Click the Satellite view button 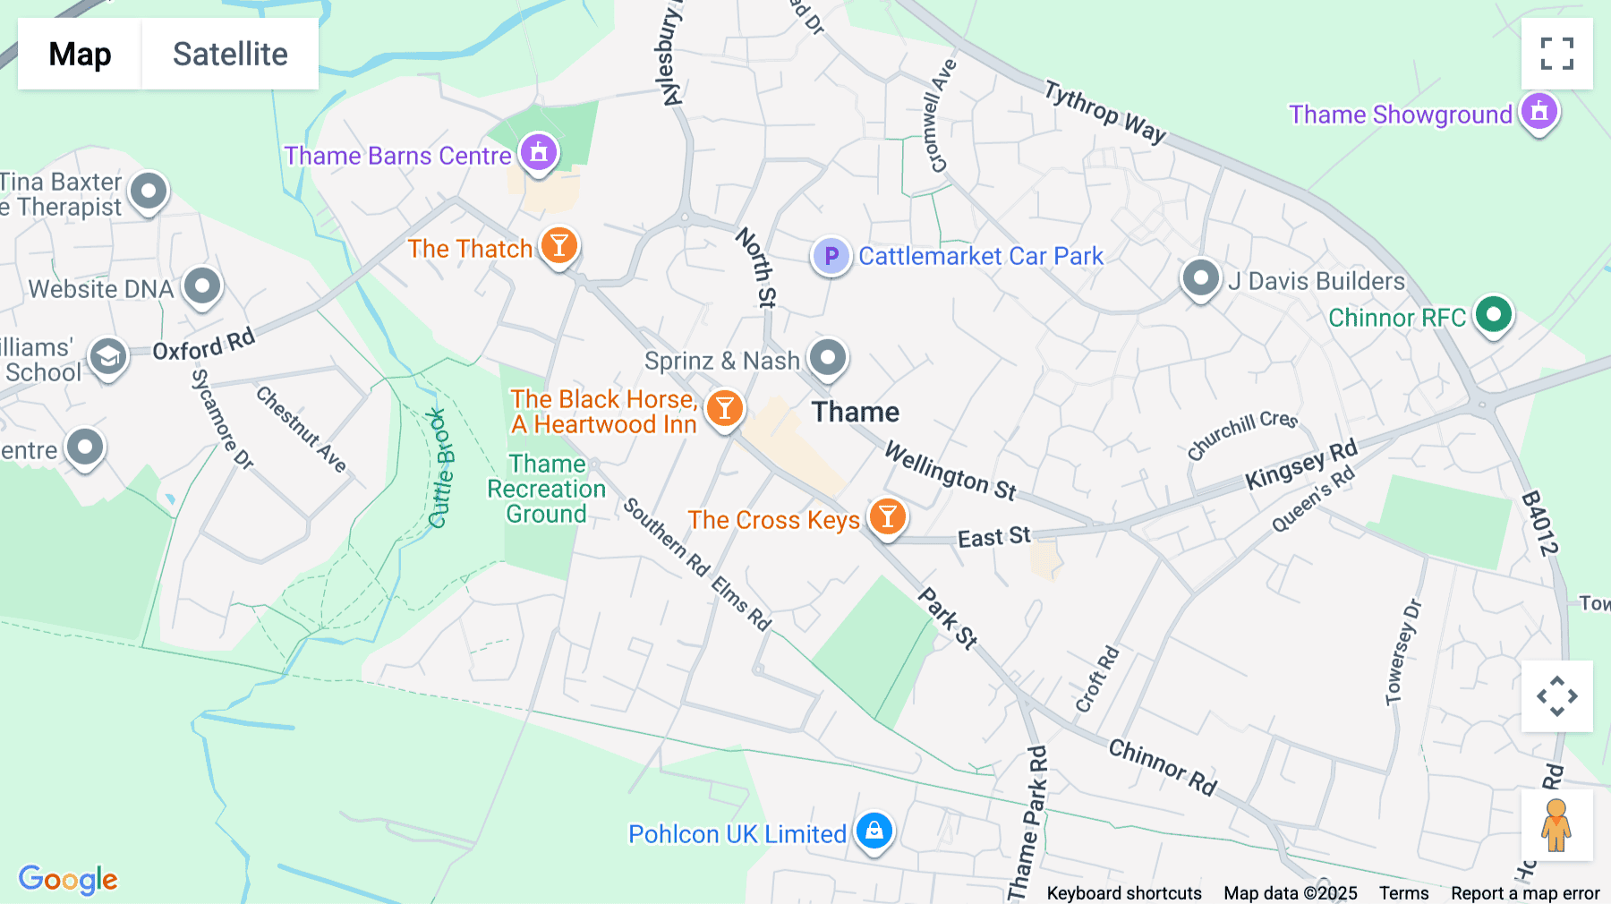230,54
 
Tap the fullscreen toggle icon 1556,54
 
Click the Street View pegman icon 1556,824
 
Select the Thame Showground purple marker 1539,112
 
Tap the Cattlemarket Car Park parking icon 831,256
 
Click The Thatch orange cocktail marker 559,245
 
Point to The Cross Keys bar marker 887,517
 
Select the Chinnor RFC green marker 1493,314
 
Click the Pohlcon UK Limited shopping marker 874,832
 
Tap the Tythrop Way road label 1105,112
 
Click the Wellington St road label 950,471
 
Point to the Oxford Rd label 204,345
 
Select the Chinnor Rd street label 1163,767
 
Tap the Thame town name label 855,412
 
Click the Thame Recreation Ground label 547,489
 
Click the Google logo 68,879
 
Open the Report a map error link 1525,893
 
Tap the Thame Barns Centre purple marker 539,152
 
